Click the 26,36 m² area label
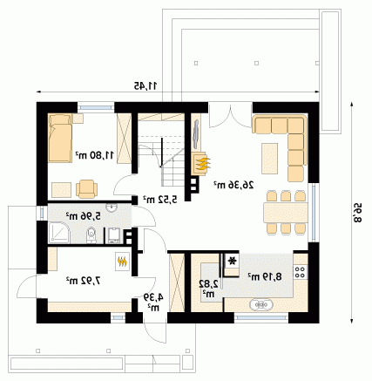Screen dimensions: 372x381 tap(233, 185)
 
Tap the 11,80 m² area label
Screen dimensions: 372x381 tap(95, 155)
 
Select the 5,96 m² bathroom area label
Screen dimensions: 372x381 tap(83, 216)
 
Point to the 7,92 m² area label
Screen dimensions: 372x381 tap(83, 281)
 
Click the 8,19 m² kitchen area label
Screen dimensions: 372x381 tap(265, 276)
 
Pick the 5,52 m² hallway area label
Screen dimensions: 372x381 tap(159, 200)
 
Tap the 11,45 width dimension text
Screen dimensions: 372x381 tap(145, 85)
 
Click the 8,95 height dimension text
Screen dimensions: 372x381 tap(357, 213)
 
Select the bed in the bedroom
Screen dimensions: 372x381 tap(60, 138)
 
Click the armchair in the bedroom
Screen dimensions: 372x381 tap(86, 189)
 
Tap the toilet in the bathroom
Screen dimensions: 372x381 tap(91, 235)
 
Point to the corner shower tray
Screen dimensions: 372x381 tap(59, 233)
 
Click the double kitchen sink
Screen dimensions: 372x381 tap(261, 304)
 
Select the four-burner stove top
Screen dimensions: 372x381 tap(301, 272)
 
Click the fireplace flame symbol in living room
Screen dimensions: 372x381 tap(201, 164)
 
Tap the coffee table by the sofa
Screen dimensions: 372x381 tap(270, 159)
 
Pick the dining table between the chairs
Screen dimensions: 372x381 tap(286, 213)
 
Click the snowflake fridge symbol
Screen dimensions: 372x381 tap(232, 261)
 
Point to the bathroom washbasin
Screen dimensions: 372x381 tap(112, 208)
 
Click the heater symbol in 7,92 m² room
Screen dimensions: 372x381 tap(122, 262)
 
